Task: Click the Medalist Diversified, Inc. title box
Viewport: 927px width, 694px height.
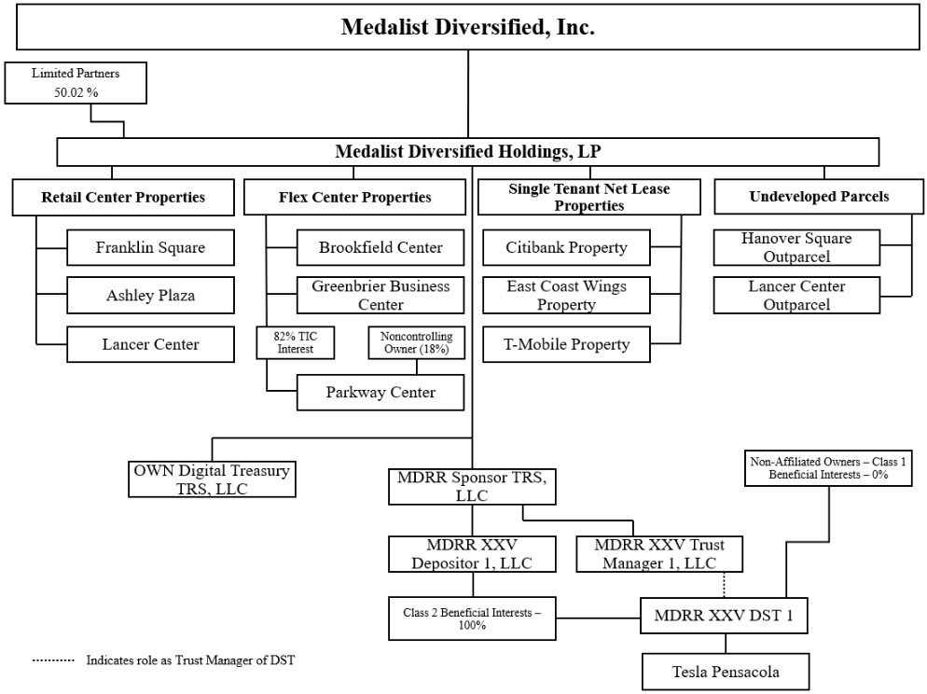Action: [467, 27]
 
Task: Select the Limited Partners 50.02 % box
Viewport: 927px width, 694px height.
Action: [76, 83]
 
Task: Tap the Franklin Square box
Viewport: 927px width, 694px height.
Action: [150, 248]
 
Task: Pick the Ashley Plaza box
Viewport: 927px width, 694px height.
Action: [150, 295]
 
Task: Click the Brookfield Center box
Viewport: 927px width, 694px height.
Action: [380, 248]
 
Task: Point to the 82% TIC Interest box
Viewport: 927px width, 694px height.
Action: [295, 343]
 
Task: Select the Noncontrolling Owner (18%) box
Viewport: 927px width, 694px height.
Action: [416, 343]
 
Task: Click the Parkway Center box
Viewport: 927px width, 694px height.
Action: [380, 393]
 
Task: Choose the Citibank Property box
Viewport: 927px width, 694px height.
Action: [566, 248]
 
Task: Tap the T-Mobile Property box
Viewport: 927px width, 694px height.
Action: [566, 344]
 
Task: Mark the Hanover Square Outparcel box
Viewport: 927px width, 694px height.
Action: [796, 248]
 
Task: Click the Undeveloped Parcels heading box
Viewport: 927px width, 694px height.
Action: [819, 197]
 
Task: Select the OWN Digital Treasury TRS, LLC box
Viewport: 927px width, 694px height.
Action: [212, 479]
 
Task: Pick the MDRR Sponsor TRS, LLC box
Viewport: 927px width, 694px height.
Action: [472, 487]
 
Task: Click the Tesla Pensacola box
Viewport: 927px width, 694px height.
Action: [726, 672]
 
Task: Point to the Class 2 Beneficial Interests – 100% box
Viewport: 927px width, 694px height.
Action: [472, 618]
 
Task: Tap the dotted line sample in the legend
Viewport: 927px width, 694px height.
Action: [53, 660]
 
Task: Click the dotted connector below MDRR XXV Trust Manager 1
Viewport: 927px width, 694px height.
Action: [725, 585]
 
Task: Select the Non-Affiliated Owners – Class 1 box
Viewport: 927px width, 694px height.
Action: [828, 468]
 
